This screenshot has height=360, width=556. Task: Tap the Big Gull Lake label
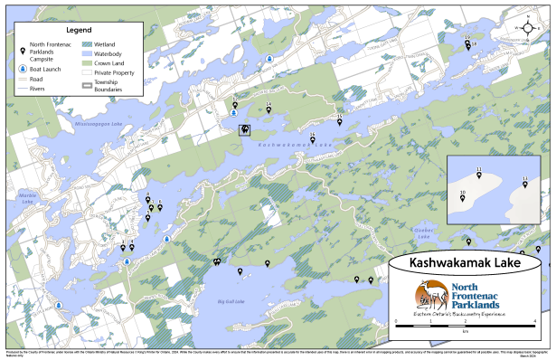[231, 301]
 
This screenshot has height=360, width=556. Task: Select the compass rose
[525, 27]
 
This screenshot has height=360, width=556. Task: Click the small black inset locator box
[244, 130]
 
